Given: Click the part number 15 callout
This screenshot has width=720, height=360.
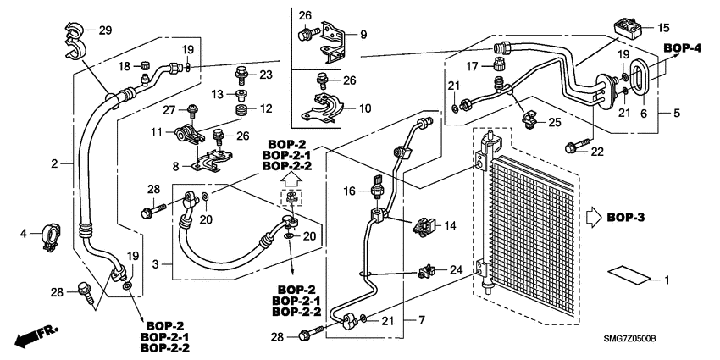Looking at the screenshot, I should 662,27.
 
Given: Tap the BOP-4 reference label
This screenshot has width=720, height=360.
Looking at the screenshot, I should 682,47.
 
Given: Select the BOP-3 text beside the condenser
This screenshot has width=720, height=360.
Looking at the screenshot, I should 626,218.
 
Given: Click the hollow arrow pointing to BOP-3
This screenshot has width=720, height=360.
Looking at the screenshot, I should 592,218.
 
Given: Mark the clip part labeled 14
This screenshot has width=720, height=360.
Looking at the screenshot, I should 425,226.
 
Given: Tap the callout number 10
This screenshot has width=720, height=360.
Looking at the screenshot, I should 365,108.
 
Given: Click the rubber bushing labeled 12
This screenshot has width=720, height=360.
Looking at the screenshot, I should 241,111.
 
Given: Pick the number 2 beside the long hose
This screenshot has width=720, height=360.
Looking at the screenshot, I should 55,163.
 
